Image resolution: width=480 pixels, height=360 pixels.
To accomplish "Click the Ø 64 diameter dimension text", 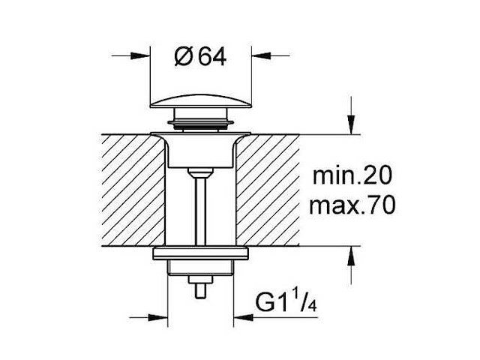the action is pyautogui.click(x=200, y=57).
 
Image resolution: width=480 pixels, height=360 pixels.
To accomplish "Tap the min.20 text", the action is pyautogui.click(x=352, y=175).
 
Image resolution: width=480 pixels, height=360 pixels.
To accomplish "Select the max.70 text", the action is pyautogui.click(x=352, y=205).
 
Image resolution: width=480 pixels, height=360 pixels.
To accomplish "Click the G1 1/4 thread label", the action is pyautogui.click(x=286, y=303).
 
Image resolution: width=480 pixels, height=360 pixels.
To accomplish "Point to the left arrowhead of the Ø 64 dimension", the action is pyautogui.click(x=140, y=55).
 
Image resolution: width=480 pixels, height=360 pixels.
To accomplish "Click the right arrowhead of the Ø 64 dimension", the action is pyautogui.click(x=261, y=55).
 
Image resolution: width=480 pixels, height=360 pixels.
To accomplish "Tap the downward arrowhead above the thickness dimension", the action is pyautogui.click(x=351, y=124).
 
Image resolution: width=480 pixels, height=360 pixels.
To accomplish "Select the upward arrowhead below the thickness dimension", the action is pyautogui.click(x=351, y=256).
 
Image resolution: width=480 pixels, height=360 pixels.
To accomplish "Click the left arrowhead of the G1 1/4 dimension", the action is pyautogui.click(x=158, y=317).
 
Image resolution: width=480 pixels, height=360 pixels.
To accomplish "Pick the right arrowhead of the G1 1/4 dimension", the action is pyautogui.click(x=243, y=317).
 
